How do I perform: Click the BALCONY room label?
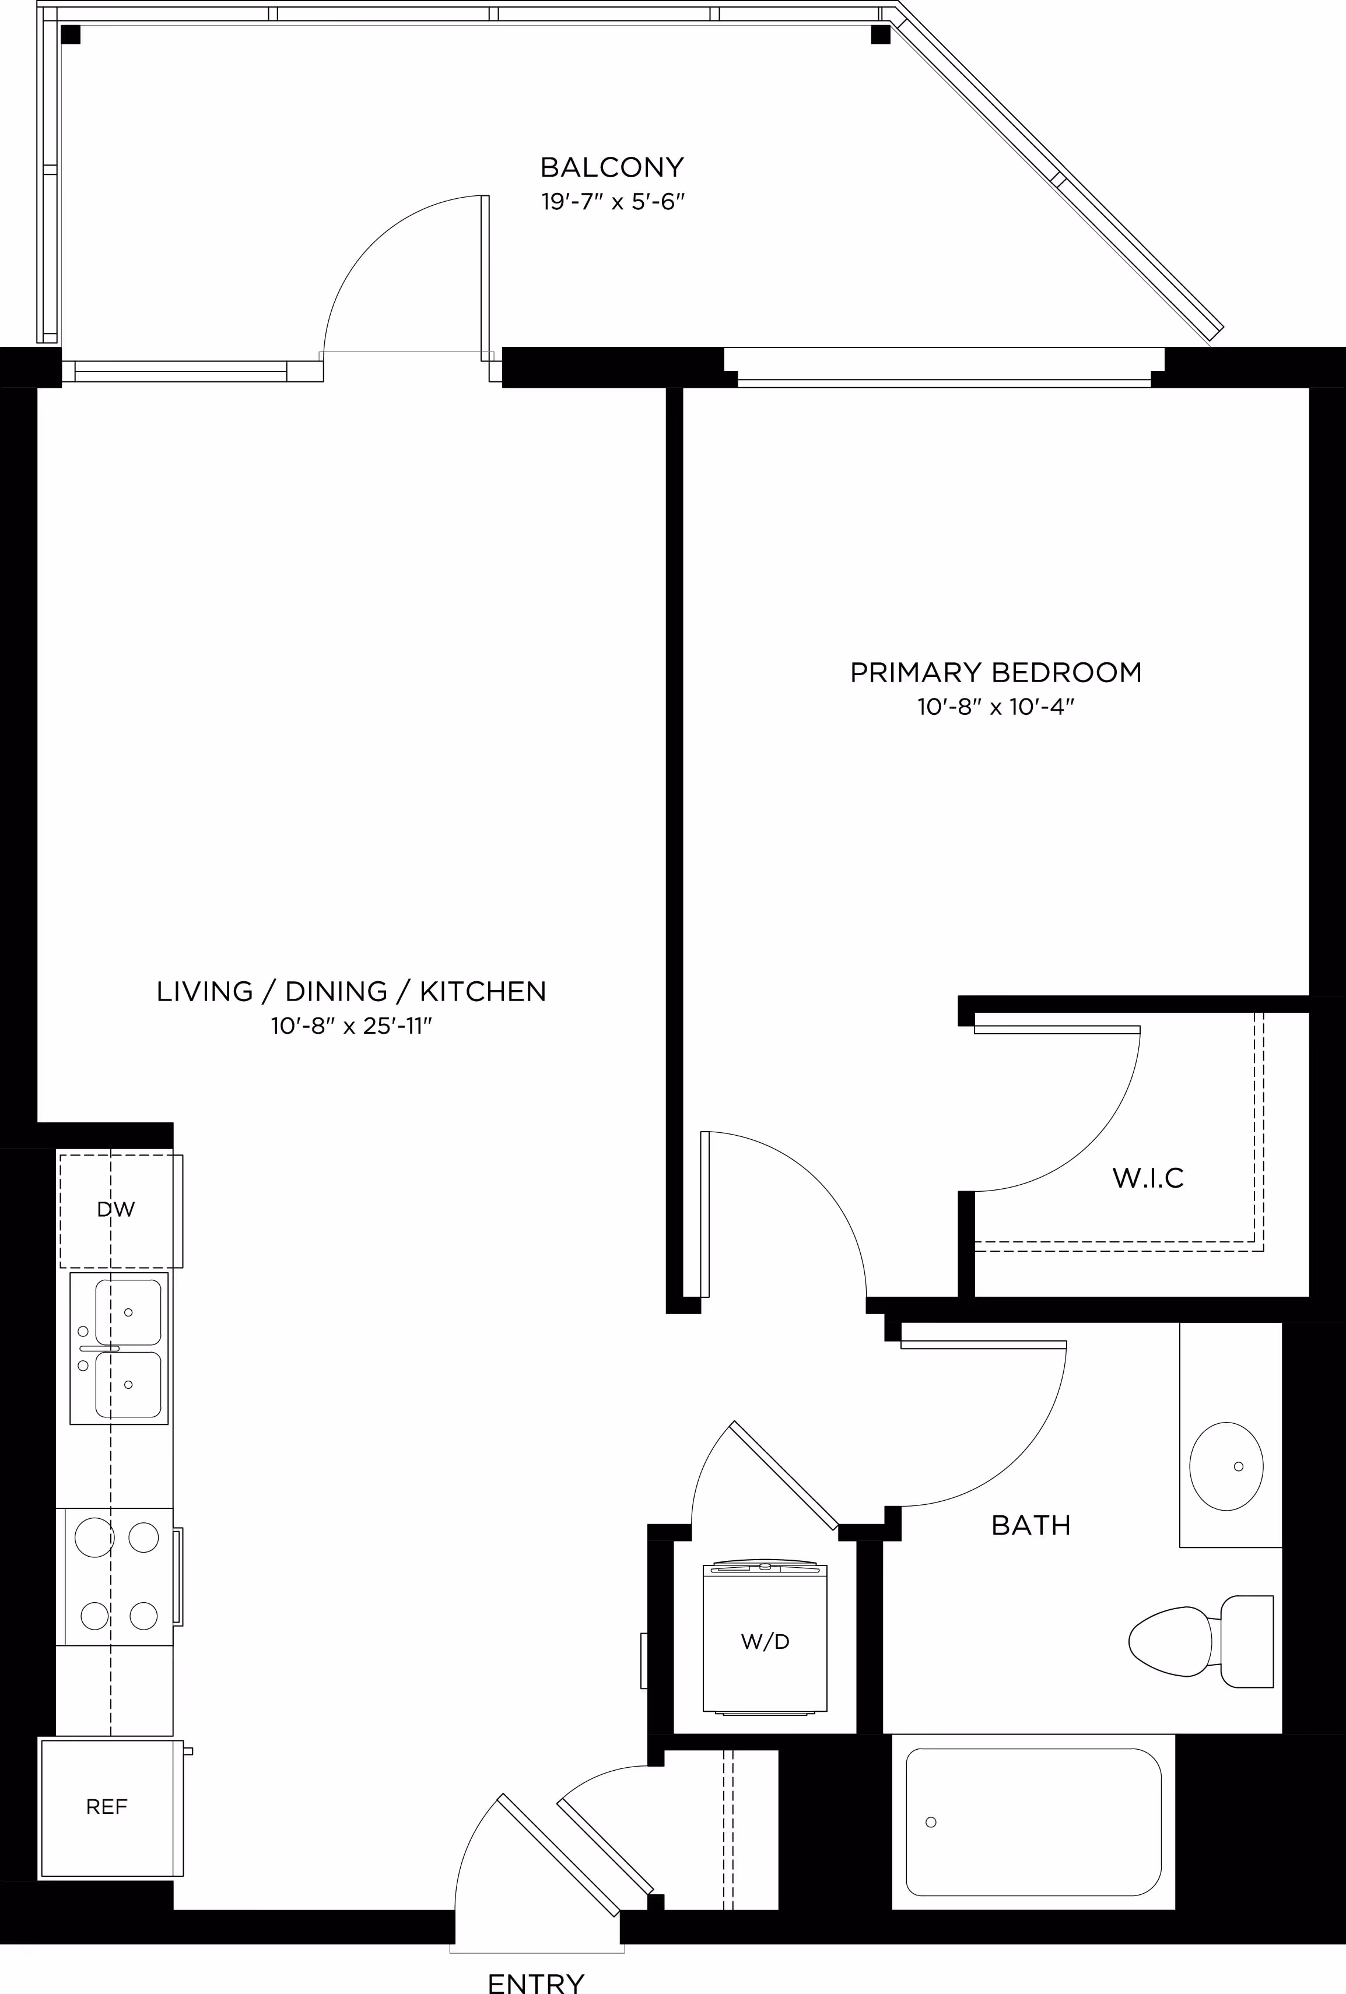[612, 166]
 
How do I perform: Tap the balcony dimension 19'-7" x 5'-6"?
[613, 202]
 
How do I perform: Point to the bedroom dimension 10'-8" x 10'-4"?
[996, 708]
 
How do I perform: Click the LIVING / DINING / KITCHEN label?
[351, 991]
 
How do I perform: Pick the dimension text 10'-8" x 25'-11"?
[351, 1026]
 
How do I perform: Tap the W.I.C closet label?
[1148, 1178]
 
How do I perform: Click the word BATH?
[1031, 1525]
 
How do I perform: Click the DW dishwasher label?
[116, 1210]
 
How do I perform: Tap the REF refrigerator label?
[107, 1807]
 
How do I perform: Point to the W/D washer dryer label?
[765, 1641]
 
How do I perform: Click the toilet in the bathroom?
[1200, 1641]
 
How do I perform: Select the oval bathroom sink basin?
[1226, 1466]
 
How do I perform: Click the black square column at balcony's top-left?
[71, 34]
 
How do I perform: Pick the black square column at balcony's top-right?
[881, 34]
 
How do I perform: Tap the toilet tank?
[1246, 1641]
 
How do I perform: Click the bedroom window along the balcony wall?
[944, 367]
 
